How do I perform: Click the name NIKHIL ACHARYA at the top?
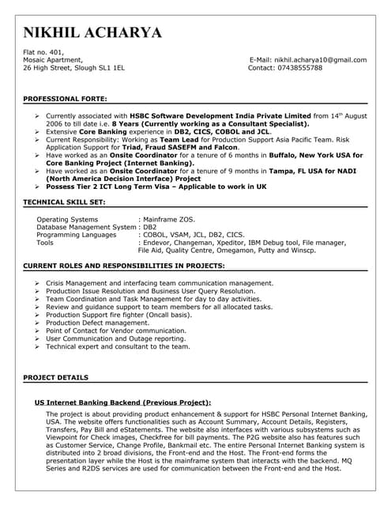93,32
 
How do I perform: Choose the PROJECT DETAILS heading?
56,378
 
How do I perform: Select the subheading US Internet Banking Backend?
122,402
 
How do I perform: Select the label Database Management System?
87,226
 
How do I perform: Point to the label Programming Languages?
77,234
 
